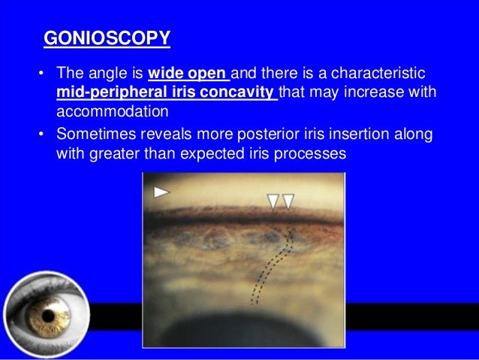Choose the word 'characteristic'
click(x=373, y=75)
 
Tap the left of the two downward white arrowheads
click(x=273, y=201)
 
